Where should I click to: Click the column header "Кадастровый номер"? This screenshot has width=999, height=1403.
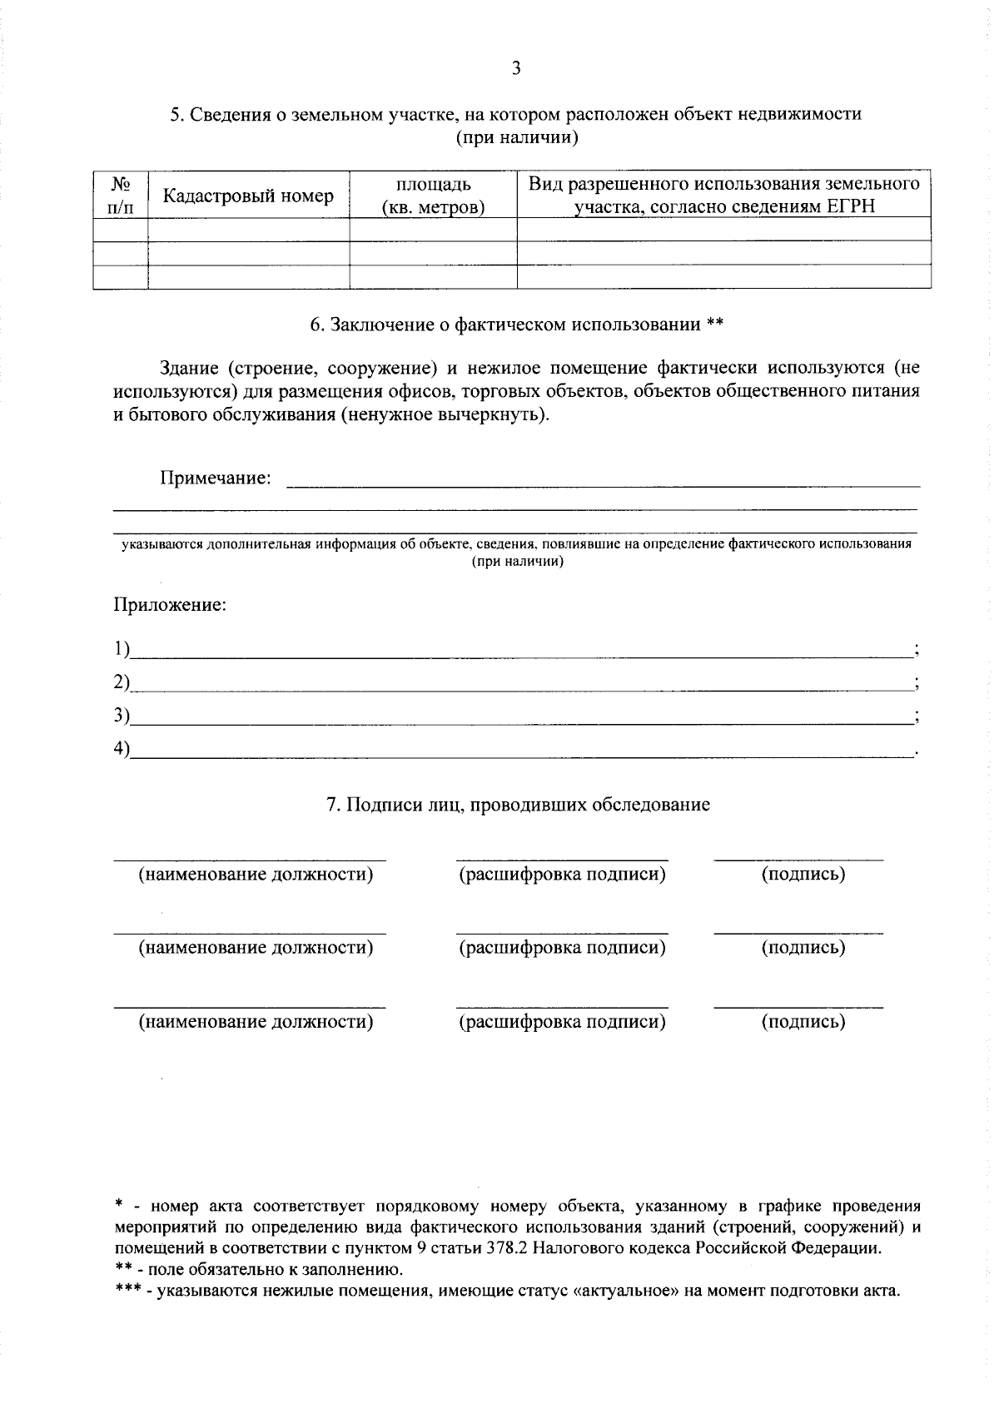(x=248, y=196)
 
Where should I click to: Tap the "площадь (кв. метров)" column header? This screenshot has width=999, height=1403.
(x=433, y=196)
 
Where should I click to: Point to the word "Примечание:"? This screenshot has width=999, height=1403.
(x=216, y=478)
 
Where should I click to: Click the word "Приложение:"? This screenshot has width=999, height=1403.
(x=170, y=605)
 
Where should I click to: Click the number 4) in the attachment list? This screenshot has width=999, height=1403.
(x=122, y=749)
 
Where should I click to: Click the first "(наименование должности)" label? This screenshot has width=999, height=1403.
(x=255, y=875)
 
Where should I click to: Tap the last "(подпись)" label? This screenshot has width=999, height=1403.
(x=803, y=1022)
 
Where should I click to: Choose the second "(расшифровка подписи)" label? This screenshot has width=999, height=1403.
(x=563, y=948)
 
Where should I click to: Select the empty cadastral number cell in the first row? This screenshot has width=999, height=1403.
(x=248, y=230)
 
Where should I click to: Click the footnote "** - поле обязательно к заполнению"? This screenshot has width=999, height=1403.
(x=258, y=1270)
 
